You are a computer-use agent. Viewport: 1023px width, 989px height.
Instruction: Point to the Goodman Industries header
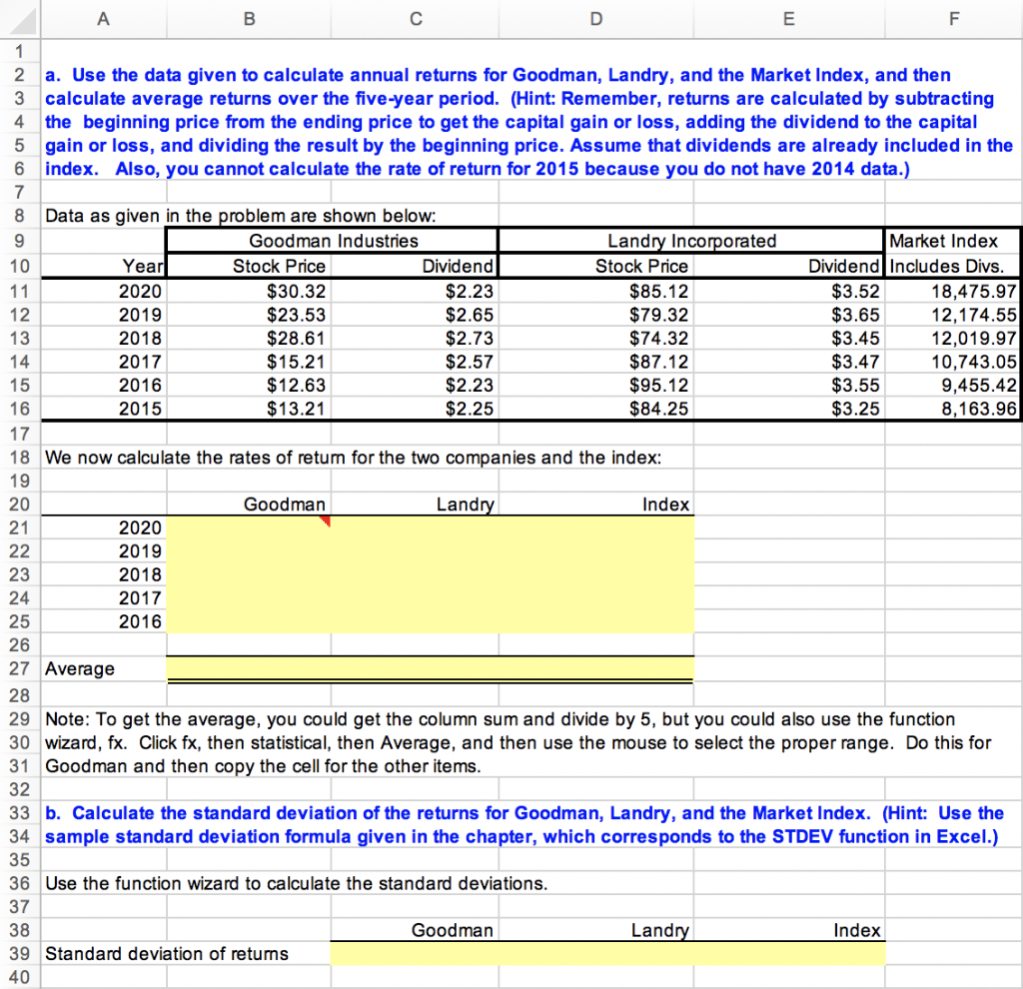coord(334,241)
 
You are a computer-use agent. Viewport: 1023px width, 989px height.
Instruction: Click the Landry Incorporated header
coord(691,241)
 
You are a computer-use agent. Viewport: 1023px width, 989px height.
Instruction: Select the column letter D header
coord(596,15)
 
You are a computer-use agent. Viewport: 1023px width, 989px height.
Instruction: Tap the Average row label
coord(81,668)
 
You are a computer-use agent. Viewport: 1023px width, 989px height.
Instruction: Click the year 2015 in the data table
coord(139,408)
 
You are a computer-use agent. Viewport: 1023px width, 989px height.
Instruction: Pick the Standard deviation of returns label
coord(167,953)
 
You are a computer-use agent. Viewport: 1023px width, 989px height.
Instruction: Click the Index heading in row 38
coord(856,930)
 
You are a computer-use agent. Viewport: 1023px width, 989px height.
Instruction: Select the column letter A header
coord(103,15)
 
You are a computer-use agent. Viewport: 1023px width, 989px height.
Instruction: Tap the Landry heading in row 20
coord(465,504)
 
